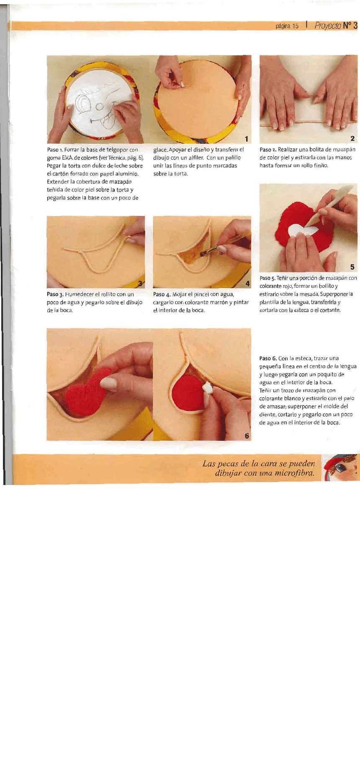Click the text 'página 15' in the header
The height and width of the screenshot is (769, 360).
[x=287, y=26]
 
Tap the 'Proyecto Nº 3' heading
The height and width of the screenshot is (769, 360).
[x=336, y=26]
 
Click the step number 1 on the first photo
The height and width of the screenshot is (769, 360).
[x=247, y=139]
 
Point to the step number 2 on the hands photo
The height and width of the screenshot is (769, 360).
[x=352, y=138]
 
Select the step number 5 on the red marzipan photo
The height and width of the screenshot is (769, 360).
[x=352, y=267]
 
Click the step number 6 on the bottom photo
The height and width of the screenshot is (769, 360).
[x=247, y=436]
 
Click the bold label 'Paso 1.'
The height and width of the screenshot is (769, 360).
[x=55, y=150]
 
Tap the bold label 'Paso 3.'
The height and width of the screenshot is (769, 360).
[x=55, y=294]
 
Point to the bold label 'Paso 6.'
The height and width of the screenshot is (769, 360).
[x=268, y=359]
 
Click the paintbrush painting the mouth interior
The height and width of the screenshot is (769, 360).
[x=220, y=246]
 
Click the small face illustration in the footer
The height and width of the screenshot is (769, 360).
[x=342, y=468]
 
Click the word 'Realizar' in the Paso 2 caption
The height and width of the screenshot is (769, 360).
[x=287, y=150]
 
